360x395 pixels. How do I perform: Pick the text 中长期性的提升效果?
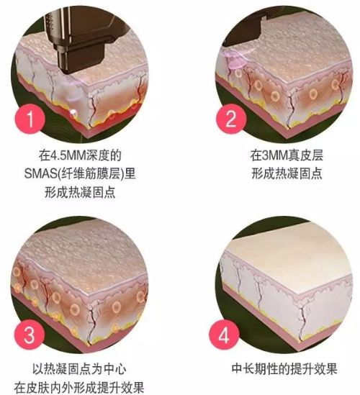(x=285, y=371)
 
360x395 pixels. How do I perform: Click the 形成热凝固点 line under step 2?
(x=284, y=173)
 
